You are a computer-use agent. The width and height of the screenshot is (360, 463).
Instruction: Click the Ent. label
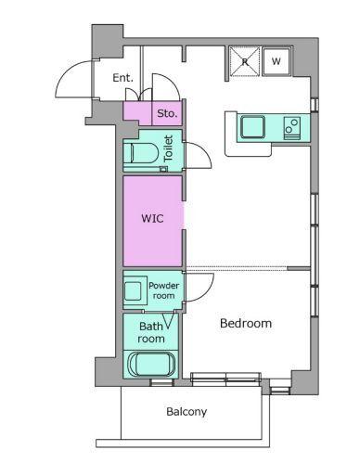click(x=122, y=78)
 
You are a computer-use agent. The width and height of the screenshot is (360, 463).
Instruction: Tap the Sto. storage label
click(x=167, y=113)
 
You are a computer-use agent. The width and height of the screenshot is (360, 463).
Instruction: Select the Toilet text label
click(x=168, y=148)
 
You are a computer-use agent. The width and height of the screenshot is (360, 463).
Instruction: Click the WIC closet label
click(x=152, y=218)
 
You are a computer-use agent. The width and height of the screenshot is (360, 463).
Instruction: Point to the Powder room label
click(x=163, y=290)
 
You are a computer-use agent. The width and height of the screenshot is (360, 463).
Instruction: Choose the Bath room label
click(x=151, y=332)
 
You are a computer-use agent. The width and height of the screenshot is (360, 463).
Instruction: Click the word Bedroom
click(x=246, y=324)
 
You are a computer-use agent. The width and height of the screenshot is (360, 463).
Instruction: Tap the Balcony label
click(x=186, y=412)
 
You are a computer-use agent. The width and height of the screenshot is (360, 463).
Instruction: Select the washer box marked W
click(x=276, y=61)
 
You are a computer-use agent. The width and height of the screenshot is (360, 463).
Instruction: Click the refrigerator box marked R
click(x=245, y=61)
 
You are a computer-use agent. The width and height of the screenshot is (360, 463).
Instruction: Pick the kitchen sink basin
click(x=253, y=127)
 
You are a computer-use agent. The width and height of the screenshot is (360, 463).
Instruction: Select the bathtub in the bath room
click(x=151, y=365)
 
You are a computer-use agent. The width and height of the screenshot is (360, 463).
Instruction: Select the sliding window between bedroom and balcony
click(x=225, y=379)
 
